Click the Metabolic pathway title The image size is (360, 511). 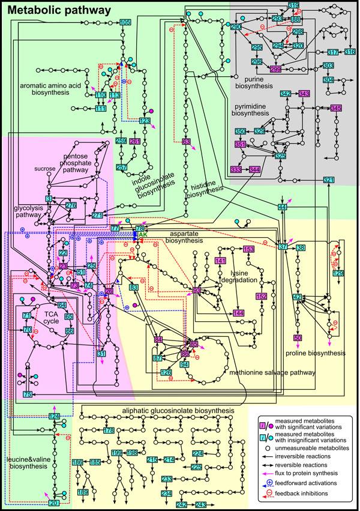50,11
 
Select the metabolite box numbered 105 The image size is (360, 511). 125,23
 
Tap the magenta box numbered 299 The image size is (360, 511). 276,70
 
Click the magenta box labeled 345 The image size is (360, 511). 336,107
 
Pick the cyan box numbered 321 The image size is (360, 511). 328,180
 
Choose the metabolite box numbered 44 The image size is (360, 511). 283,207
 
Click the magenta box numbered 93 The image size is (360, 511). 197,291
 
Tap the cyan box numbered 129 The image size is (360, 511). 338,273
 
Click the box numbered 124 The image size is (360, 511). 54,416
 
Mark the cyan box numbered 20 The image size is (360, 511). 54,503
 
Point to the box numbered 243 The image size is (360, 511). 201,504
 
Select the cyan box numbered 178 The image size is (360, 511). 109,431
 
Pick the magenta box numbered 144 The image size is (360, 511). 238,313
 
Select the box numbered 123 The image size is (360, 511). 145,121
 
